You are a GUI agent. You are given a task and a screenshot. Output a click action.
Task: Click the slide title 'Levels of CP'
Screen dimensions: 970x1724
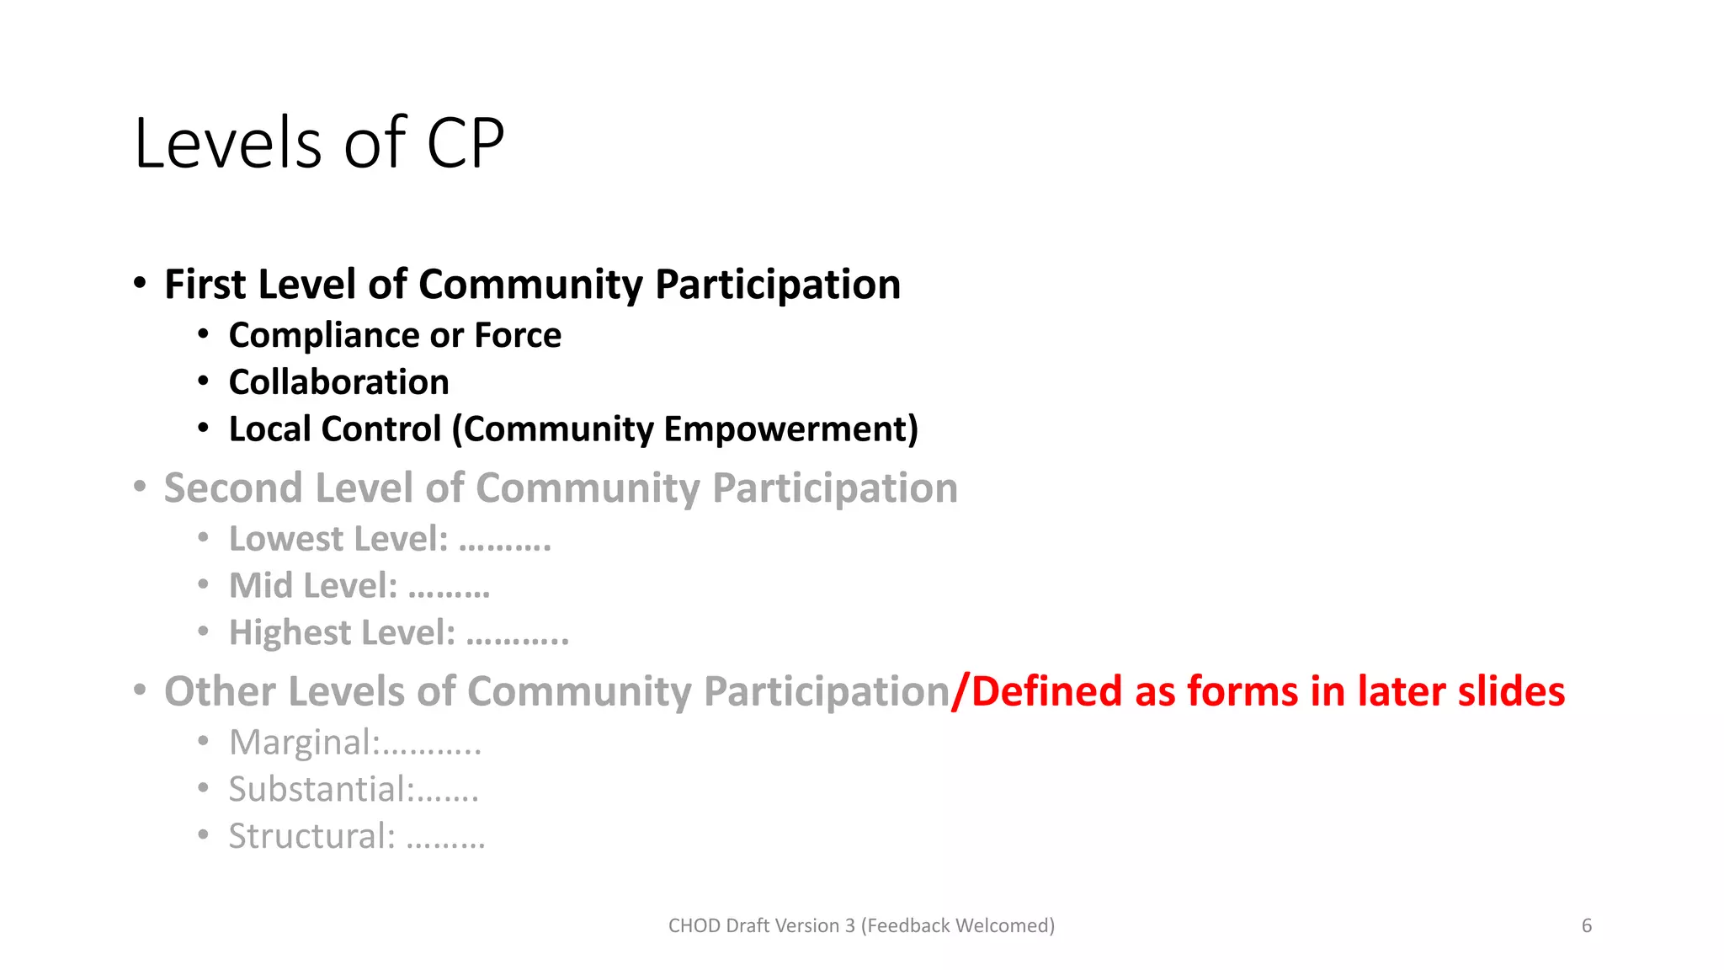pyautogui.click(x=319, y=143)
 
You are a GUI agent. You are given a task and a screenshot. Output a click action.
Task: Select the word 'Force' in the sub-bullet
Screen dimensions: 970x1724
pyautogui.click(x=518, y=335)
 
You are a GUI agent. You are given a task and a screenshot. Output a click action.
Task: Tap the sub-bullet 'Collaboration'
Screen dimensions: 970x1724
pyautogui.click(x=338, y=382)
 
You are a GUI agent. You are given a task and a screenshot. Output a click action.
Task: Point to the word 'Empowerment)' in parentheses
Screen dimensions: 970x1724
pyautogui.click(x=790, y=429)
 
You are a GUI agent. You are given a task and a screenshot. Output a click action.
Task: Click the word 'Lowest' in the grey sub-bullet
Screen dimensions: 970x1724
pyautogui.click(x=286, y=539)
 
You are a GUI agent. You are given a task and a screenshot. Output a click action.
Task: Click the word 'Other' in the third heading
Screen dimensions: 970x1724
pyautogui.click(x=220, y=691)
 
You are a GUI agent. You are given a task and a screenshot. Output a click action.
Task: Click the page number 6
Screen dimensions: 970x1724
pyautogui.click(x=1587, y=926)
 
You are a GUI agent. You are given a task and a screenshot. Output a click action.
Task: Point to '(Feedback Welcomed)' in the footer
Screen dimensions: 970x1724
pyautogui.click(x=958, y=926)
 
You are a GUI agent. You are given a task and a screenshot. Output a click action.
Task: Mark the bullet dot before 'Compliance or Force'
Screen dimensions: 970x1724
pyautogui.click(x=203, y=334)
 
